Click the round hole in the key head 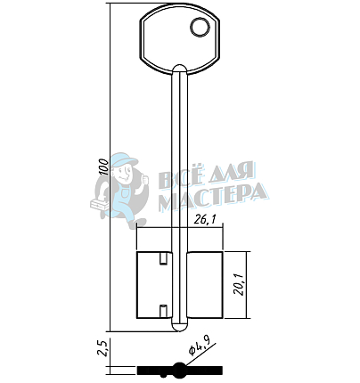click(199, 28)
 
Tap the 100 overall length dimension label click(103, 167)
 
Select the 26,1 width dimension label click(205, 220)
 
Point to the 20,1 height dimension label click(239, 285)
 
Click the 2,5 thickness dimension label click(103, 347)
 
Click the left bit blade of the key click(154, 285)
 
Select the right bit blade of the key click(205, 285)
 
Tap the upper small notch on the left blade click(163, 258)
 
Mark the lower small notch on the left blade click(163, 310)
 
